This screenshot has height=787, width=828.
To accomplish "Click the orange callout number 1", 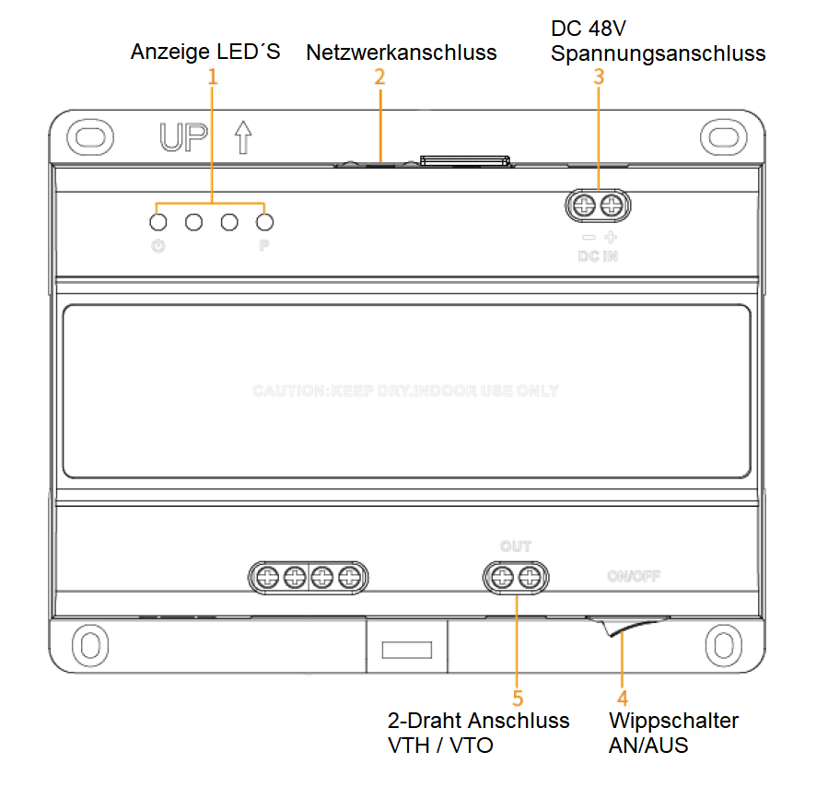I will click(213, 77).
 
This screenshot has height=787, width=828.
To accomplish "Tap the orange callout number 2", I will click(379, 77).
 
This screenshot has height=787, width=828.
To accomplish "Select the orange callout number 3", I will click(599, 77).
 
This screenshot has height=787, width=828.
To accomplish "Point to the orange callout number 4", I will click(623, 698).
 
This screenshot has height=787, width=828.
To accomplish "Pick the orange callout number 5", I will click(518, 698).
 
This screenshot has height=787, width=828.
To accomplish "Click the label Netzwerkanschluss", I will click(401, 53).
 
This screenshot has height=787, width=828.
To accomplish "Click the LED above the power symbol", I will click(158, 222).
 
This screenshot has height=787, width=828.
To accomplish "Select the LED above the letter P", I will click(265, 222).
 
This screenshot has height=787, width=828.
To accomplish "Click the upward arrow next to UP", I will click(242, 137).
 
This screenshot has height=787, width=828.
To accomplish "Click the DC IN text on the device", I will click(598, 255).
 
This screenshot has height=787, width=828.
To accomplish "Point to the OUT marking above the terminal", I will click(516, 546).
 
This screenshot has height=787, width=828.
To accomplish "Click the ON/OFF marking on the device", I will click(634, 577).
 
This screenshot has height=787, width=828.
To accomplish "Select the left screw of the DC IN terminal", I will click(583, 206).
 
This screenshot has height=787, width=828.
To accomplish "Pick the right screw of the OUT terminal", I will click(529, 578).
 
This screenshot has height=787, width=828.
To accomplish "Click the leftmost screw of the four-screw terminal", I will click(267, 578).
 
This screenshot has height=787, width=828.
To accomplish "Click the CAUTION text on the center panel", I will click(405, 391).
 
